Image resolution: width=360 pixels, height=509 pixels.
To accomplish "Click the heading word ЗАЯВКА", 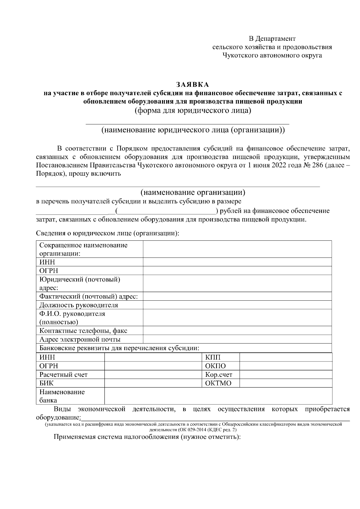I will click(192, 85).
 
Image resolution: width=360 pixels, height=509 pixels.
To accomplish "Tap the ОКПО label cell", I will click(215, 366).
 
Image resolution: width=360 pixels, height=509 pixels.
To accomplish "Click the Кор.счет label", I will click(218, 375).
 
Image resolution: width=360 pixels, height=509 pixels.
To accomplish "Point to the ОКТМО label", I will click(218, 383).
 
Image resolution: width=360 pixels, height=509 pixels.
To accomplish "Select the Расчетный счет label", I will click(63, 375).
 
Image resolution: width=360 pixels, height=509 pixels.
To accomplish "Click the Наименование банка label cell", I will click(62, 396).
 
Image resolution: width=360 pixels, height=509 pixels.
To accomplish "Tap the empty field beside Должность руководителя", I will click(237, 305).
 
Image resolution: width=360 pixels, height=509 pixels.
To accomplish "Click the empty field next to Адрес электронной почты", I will click(237, 340).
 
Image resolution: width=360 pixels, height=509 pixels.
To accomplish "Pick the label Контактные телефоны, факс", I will click(83, 331).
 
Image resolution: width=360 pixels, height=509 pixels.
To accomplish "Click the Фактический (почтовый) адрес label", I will click(88, 297).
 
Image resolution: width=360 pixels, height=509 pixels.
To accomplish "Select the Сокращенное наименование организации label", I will click(83, 249).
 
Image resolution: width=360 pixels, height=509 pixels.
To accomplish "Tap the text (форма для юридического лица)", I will click(192, 110).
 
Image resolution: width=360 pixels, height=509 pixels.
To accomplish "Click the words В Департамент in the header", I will click(272, 39).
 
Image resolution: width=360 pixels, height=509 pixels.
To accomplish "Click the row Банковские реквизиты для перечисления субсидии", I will click(119, 348).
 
